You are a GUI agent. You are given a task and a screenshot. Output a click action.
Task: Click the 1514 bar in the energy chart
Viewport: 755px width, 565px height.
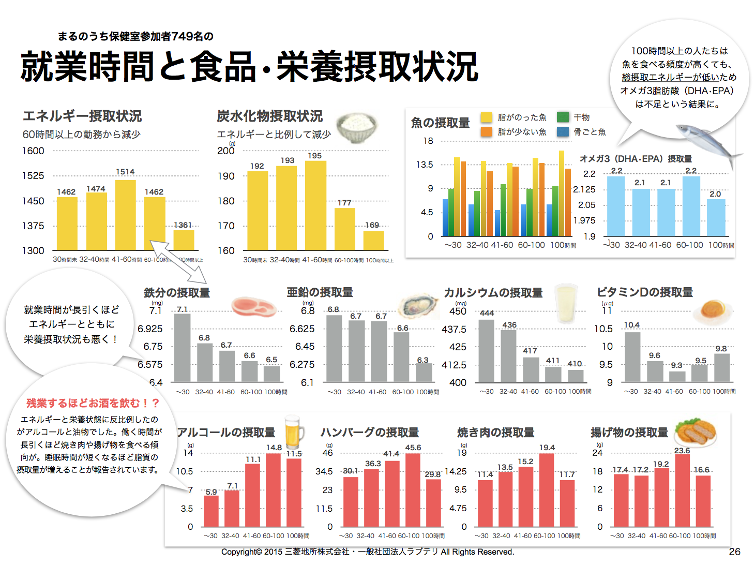tap(125, 215)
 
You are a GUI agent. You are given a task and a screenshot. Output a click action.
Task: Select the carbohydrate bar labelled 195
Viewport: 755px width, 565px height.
tap(315, 205)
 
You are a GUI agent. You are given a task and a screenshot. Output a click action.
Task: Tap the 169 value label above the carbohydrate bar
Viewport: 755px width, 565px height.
tap(372, 225)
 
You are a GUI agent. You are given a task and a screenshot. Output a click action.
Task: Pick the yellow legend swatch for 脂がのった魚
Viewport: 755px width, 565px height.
tap(486, 117)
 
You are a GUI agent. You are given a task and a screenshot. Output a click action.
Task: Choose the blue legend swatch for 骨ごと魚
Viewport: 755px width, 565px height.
tap(563, 132)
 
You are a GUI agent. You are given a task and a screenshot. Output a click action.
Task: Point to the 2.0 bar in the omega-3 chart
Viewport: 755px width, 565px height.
tap(716, 217)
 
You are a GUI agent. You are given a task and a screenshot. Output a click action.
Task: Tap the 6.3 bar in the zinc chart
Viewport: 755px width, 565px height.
tap(424, 373)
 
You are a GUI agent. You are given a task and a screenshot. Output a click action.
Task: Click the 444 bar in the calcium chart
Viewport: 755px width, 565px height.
tap(486, 351)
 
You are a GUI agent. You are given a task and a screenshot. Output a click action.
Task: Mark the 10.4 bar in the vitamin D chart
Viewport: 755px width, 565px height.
tap(632, 356)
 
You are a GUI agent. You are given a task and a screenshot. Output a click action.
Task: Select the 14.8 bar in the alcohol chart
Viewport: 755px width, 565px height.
tap(273, 489)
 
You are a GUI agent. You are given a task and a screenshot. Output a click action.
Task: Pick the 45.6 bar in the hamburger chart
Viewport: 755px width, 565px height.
tap(413, 489)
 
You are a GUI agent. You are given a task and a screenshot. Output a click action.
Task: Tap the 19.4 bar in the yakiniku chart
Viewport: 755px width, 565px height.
tap(546, 489)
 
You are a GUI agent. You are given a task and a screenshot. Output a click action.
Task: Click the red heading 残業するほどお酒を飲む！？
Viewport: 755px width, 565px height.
tap(93, 403)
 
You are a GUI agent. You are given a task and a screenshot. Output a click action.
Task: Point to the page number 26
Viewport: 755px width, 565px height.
tap(734, 552)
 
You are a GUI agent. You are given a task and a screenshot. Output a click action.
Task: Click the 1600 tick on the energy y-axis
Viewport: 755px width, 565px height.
tap(33, 151)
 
